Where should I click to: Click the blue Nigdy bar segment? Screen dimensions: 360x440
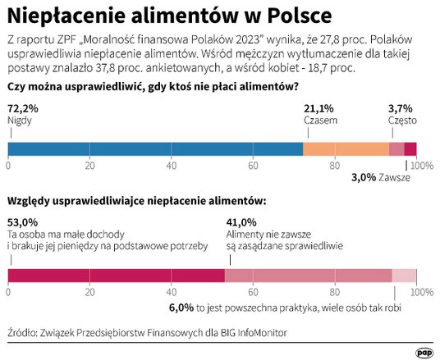(156, 148)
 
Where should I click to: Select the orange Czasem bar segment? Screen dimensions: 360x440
(346, 148)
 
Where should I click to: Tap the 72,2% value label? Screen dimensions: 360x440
(22, 107)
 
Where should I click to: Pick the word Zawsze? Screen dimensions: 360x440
(395, 177)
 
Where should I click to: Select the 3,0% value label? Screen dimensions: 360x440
(364, 177)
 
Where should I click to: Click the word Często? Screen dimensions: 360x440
(402, 120)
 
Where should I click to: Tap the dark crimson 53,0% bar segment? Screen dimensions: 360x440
(116, 276)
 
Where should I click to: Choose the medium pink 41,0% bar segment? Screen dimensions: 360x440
(309, 276)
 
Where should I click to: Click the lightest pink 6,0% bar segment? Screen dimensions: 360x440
(405, 276)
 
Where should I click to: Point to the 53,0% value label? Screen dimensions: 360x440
(22, 221)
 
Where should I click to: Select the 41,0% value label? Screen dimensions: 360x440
(241, 221)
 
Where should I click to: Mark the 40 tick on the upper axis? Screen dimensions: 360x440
(172, 166)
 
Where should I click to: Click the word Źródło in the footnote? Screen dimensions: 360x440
(25, 332)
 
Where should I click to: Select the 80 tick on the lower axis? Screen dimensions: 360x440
(335, 292)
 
